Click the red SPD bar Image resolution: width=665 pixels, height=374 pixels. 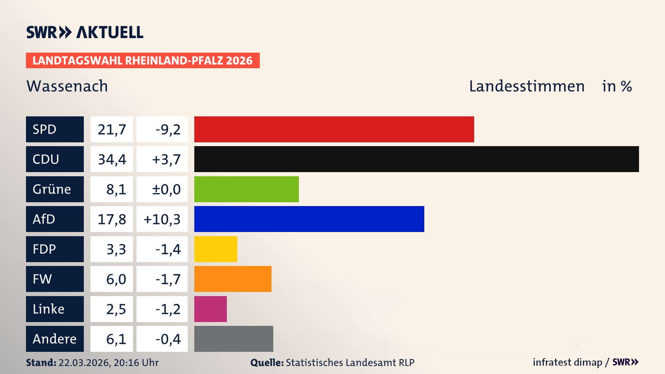[x=334, y=129]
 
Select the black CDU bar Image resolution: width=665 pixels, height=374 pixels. [x=416, y=159]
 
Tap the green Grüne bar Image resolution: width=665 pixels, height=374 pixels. [x=246, y=189]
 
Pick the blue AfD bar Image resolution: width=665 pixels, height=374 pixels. [x=309, y=219]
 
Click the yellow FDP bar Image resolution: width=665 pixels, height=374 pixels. [x=215, y=249]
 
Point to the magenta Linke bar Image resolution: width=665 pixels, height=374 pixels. [x=210, y=309]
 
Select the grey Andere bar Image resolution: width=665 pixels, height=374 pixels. [x=233, y=339]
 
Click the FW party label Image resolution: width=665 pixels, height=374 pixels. [x=55, y=279]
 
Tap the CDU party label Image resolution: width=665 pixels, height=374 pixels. [x=55, y=159]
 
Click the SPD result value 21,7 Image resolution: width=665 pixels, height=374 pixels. [x=112, y=129]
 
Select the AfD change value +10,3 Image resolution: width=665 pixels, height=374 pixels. [x=162, y=219]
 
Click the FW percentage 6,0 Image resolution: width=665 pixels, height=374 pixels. [x=116, y=279]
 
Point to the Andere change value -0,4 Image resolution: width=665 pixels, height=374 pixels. [x=168, y=339]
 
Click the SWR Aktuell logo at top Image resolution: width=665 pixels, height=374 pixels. [x=85, y=32]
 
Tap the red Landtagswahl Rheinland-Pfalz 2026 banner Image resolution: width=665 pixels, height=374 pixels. [x=142, y=60]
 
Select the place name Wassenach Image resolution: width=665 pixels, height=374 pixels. [x=67, y=86]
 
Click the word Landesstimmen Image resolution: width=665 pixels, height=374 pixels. [x=526, y=86]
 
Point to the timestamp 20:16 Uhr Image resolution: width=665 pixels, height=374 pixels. [x=136, y=363]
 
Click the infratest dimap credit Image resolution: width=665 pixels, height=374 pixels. [x=567, y=362]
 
